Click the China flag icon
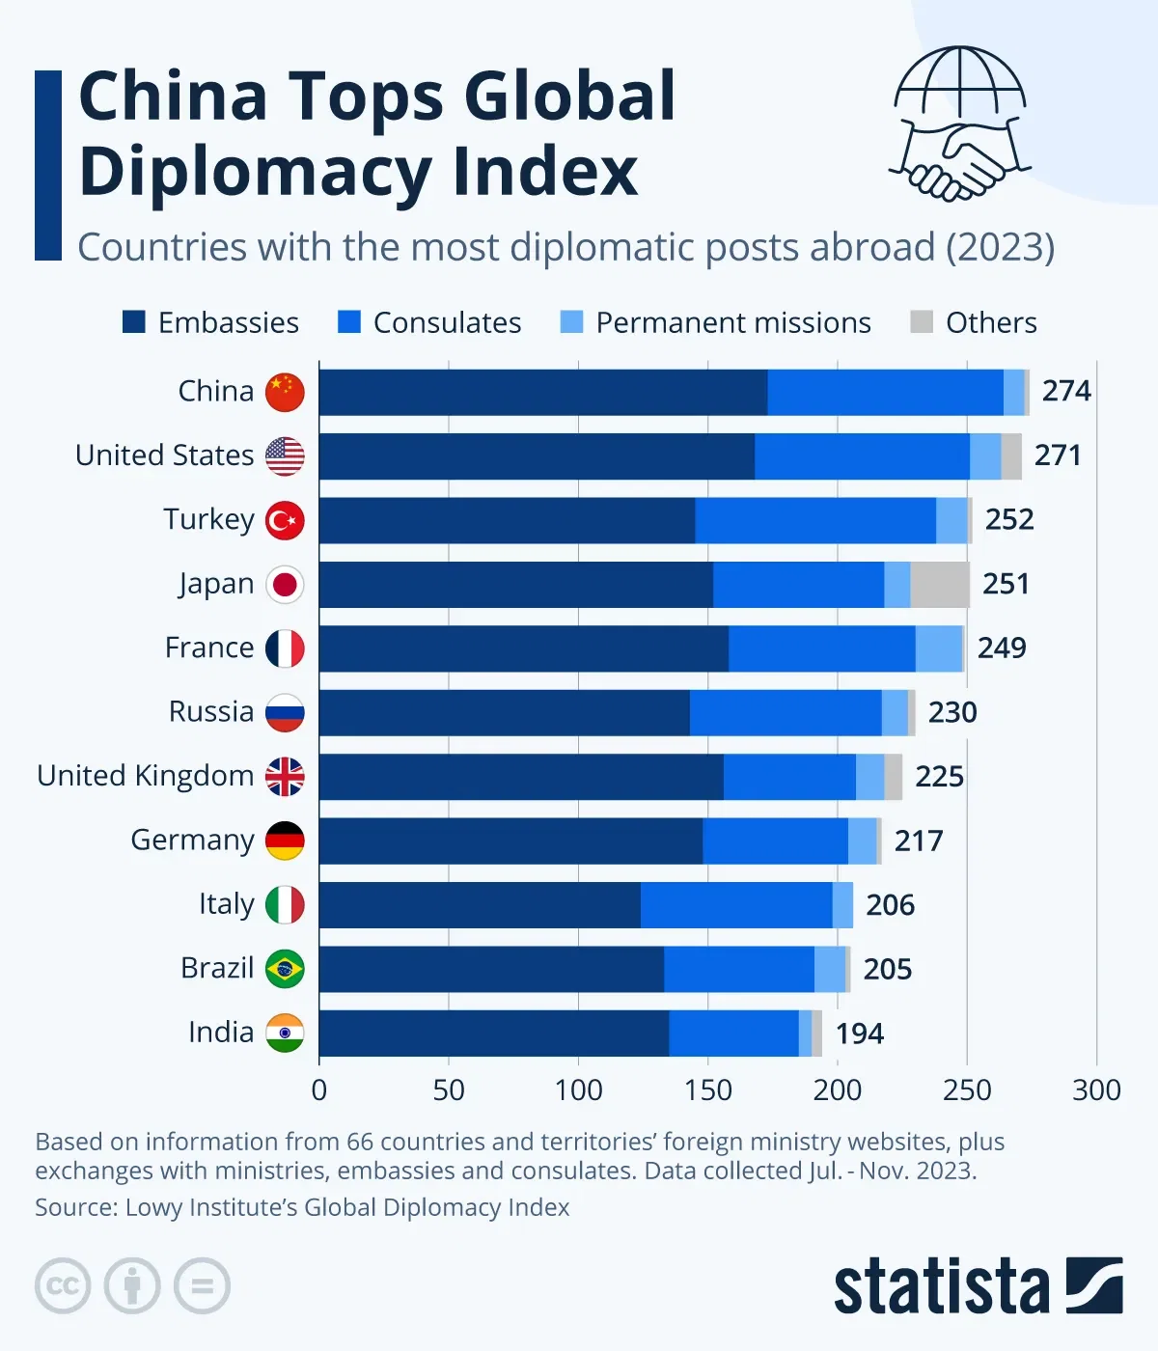pos(285,392)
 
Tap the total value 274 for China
pos(1066,391)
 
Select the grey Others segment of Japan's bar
pos(940,585)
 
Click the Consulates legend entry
pos(429,322)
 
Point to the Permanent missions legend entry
pos(716,322)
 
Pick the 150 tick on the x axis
pos(707,1090)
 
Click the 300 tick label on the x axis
pos(1096,1090)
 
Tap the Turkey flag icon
pos(285,520)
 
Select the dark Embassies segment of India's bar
pos(493,1034)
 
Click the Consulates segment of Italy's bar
pos(736,905)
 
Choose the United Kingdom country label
pos(146,776)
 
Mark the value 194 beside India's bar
pos(859,1034)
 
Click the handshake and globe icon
pos(959,124)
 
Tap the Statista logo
pos(978,1285)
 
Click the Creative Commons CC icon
pos(63,1285)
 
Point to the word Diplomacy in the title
pos(256,172)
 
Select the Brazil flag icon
pos(285,969)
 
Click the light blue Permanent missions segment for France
pos(939,648)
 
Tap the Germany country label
pos(192,841)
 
